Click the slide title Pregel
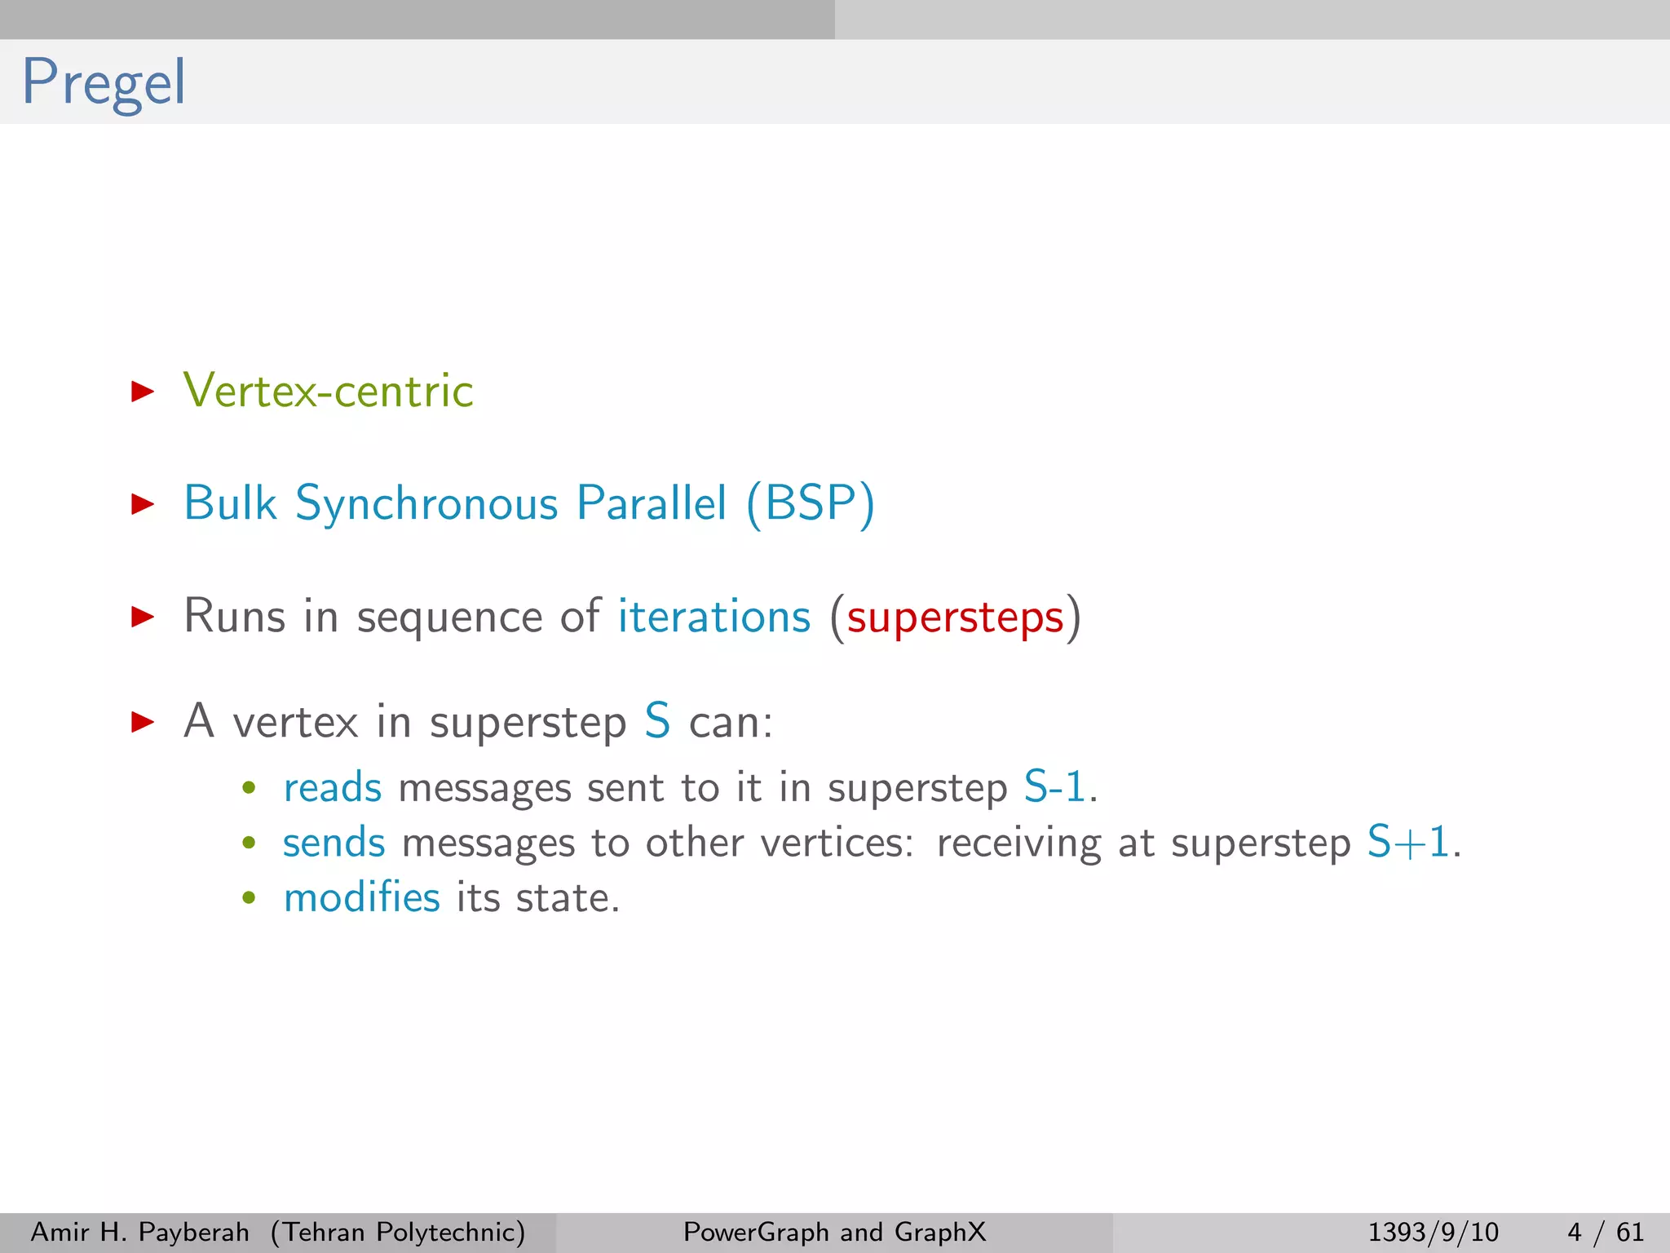click(x=104, y=82)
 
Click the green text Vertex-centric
click(x=328, y=391)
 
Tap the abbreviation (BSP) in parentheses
click(x=811, y=503)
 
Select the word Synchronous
click(x=426, y=503)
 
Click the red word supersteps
click(x=955, y=617)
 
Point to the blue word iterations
click(x=714, y=616)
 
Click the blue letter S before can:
click(x=657, y=721)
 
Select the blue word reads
click(x=332, y=788)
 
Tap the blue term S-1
click(x=1054, y=788)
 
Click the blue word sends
click(x=334, y=843)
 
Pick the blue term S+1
click(x=1408, y=843)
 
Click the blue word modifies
click(x=361, y=897)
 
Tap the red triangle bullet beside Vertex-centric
click(x=143, y=392)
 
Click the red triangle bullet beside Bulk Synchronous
click(x=143, y=504)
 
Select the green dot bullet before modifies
click(x=250, y=898)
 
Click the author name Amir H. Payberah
click(x=139, y=1232)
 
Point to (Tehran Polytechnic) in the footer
click(x=398, y=1232)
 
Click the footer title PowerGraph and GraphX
click(x=834, y=1232)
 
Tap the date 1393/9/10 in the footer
click(x=1433, y=1232)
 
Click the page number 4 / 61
click(x=1605, y=1232)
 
